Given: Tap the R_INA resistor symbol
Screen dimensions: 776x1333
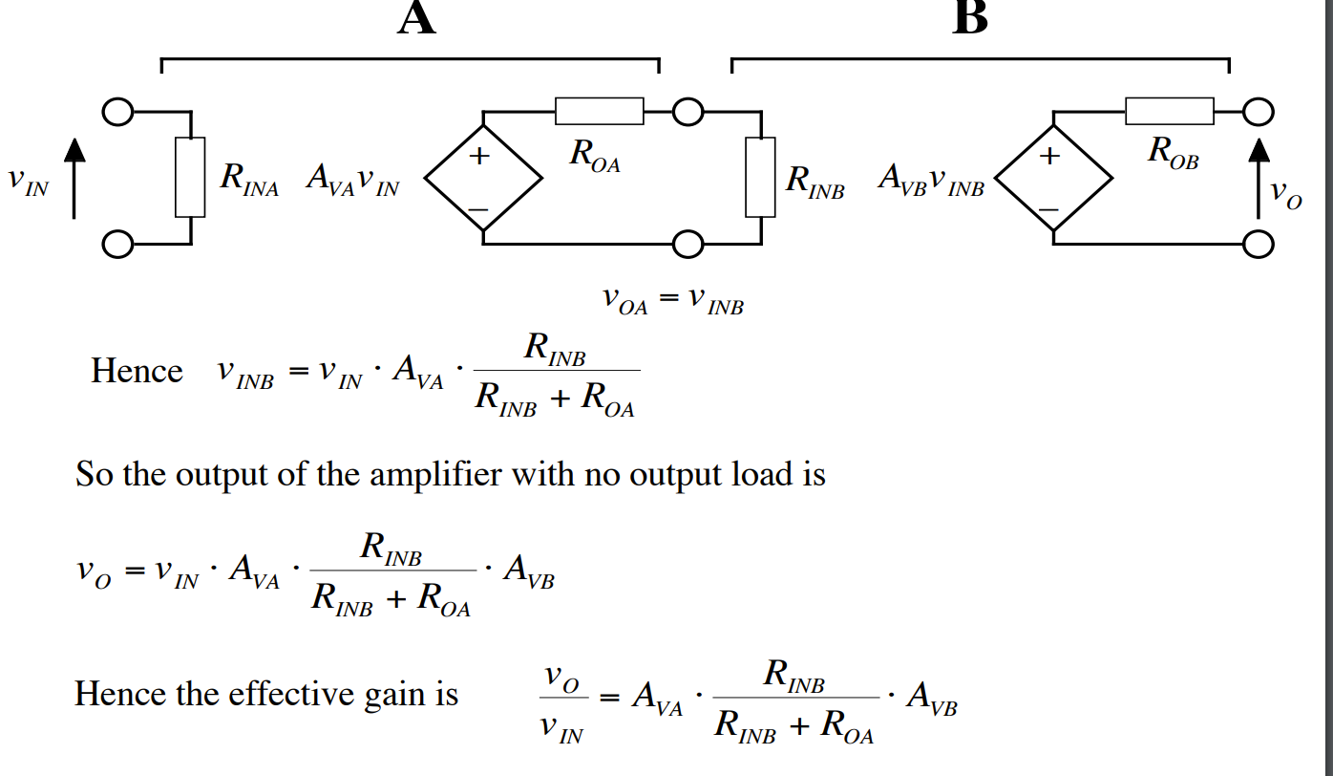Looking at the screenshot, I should point(190,177).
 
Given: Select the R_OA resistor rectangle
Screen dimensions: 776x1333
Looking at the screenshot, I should point(599,111).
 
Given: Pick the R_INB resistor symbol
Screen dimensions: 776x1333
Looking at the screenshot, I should point(760,177).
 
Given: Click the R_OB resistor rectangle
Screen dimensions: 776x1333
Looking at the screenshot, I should point(1169,111).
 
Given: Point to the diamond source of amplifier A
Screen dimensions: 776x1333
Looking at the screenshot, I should point(483,178).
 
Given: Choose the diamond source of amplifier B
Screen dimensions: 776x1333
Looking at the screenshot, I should point(1053,178).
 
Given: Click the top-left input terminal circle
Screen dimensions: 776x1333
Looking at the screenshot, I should point(117,113).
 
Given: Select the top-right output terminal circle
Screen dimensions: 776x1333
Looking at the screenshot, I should point(1259,112).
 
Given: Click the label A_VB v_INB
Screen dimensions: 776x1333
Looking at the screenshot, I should point(931,182).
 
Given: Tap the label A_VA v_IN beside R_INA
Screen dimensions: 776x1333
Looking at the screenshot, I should point(352,182).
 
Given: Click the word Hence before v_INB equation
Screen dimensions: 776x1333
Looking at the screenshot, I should point(137,371).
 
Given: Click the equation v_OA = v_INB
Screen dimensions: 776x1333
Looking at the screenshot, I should point(672,300).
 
